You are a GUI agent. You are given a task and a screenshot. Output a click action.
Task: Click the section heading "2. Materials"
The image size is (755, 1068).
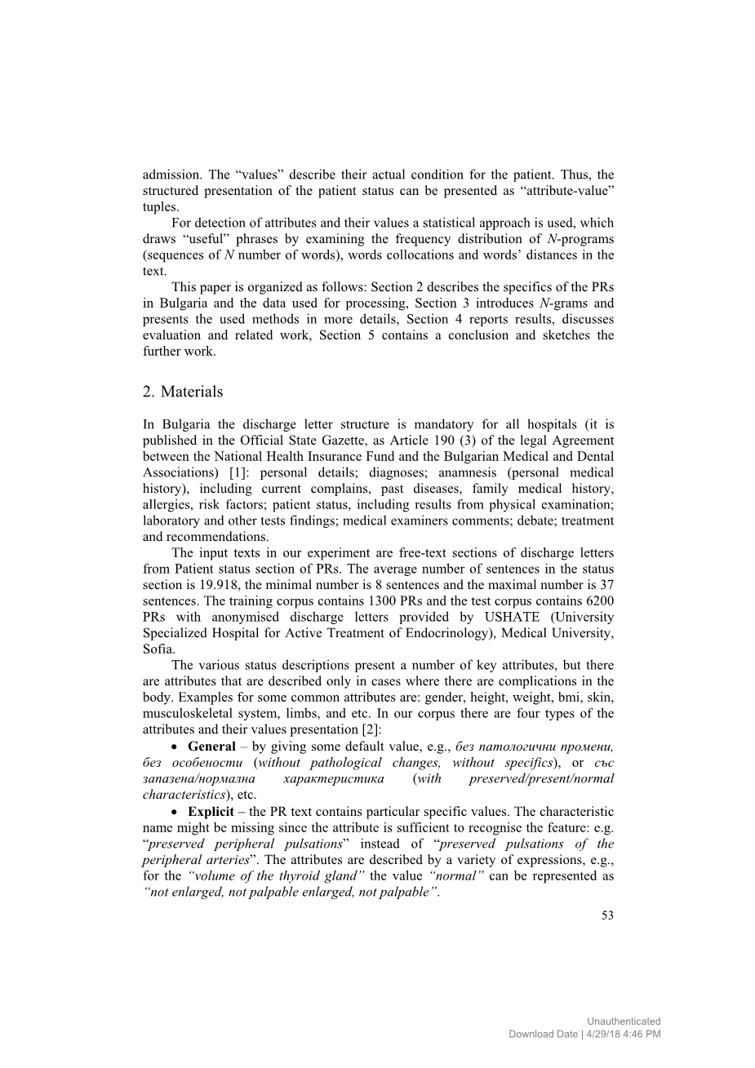(182, 392)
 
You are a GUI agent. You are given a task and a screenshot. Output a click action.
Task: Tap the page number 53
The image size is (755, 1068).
(607, 915)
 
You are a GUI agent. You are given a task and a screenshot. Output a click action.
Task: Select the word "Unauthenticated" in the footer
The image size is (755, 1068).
(624, 1021)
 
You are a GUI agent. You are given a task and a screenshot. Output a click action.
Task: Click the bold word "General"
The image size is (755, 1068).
(211, 747)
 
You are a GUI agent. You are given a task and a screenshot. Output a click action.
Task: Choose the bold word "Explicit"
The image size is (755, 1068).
(211, 812)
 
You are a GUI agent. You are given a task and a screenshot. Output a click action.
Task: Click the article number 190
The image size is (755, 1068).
(451, 441)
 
